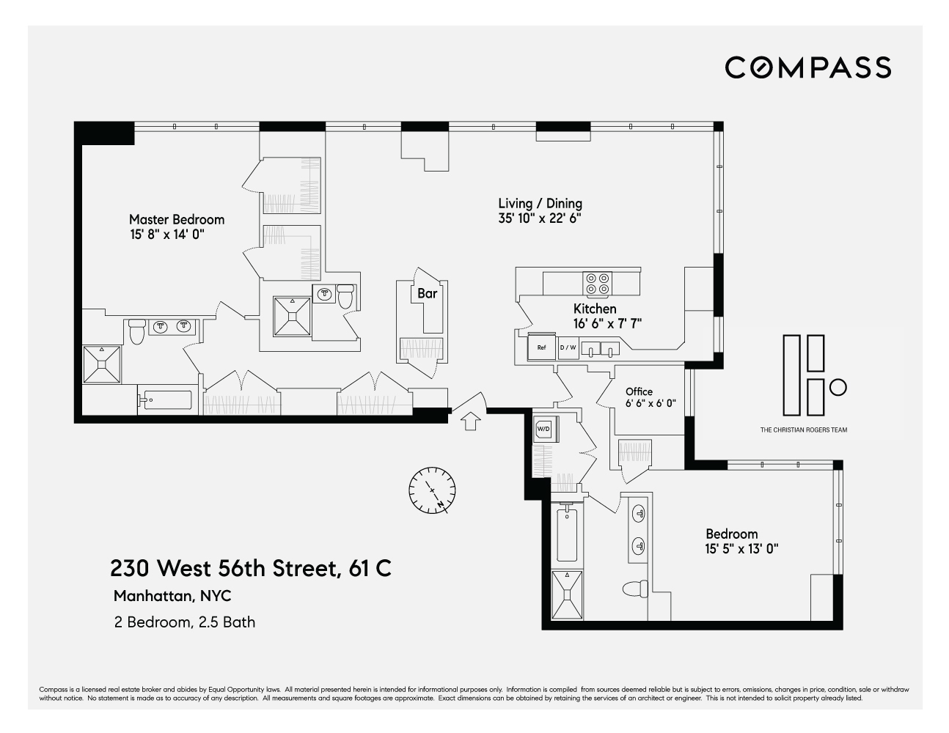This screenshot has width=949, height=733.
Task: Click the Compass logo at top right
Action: tap(807, 67)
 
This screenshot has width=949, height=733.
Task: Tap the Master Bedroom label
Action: tap(177, 219)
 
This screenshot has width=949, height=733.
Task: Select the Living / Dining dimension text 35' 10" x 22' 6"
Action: tap(540, 218)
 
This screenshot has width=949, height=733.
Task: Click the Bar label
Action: tap(427, 293)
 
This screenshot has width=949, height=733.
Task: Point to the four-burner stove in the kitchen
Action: tap(597, 282)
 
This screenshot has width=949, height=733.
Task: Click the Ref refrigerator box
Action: tap(542, 347)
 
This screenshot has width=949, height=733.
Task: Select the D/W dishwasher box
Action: tap(568, 347)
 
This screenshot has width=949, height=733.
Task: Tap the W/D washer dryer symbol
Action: tap(544, 428)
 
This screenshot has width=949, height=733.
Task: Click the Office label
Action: tap(639, 391)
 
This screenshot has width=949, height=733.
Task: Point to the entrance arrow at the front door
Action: tap(470, 420)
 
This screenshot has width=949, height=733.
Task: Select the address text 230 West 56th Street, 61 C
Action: tap(250, 568)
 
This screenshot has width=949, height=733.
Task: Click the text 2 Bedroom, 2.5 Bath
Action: tap(185, 622)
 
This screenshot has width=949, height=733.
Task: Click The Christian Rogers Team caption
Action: tap(803, 430)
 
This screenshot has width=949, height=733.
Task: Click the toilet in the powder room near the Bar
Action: tap(346, 297)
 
